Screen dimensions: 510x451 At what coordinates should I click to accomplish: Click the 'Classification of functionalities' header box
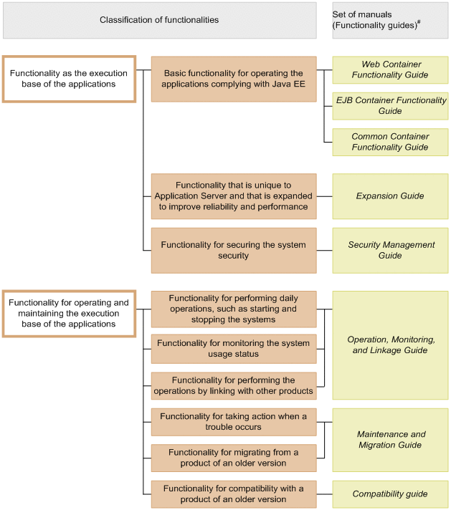click(x=159, y=20)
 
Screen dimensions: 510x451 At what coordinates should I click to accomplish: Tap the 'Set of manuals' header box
click(x=390, y=20)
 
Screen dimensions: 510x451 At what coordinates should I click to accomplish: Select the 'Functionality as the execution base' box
click(x=69, y=79)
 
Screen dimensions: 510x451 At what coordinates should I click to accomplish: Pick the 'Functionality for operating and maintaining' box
click(x=69, y=313)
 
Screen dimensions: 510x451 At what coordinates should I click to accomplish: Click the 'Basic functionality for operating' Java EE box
click(x=233, y=79)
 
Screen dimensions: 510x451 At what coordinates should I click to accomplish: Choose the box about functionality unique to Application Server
click(x=233, y=196)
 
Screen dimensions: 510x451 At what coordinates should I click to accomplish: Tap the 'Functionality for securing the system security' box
click(x=233, y=250)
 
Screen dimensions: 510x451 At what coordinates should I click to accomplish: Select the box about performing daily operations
click(x=233, y=309)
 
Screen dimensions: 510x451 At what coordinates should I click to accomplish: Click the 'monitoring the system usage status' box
click(x=233, y=348)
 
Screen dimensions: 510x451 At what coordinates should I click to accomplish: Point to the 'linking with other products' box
click(x=233, y=385)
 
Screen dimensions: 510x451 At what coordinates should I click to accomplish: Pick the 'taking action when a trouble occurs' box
click(x=233, y=422)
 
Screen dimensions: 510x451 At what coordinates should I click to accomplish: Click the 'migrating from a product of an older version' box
click(x=233, y=458)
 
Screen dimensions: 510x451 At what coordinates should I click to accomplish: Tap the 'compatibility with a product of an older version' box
click(x=233, y=494)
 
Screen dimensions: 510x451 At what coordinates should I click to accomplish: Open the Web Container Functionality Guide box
click(x=390, y=69)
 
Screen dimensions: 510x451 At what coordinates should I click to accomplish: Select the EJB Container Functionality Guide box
click(x=390, y=105)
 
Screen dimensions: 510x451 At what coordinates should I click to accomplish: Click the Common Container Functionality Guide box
click(x=390, y=142)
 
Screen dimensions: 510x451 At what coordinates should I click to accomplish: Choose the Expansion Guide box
click(x=390, y=196)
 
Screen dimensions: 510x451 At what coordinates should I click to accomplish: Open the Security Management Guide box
click(x=390, y=250)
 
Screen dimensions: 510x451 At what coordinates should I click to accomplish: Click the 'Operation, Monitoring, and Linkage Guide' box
click(x=390, y=345)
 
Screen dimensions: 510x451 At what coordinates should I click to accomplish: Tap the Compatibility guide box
click(x=390, y=494)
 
